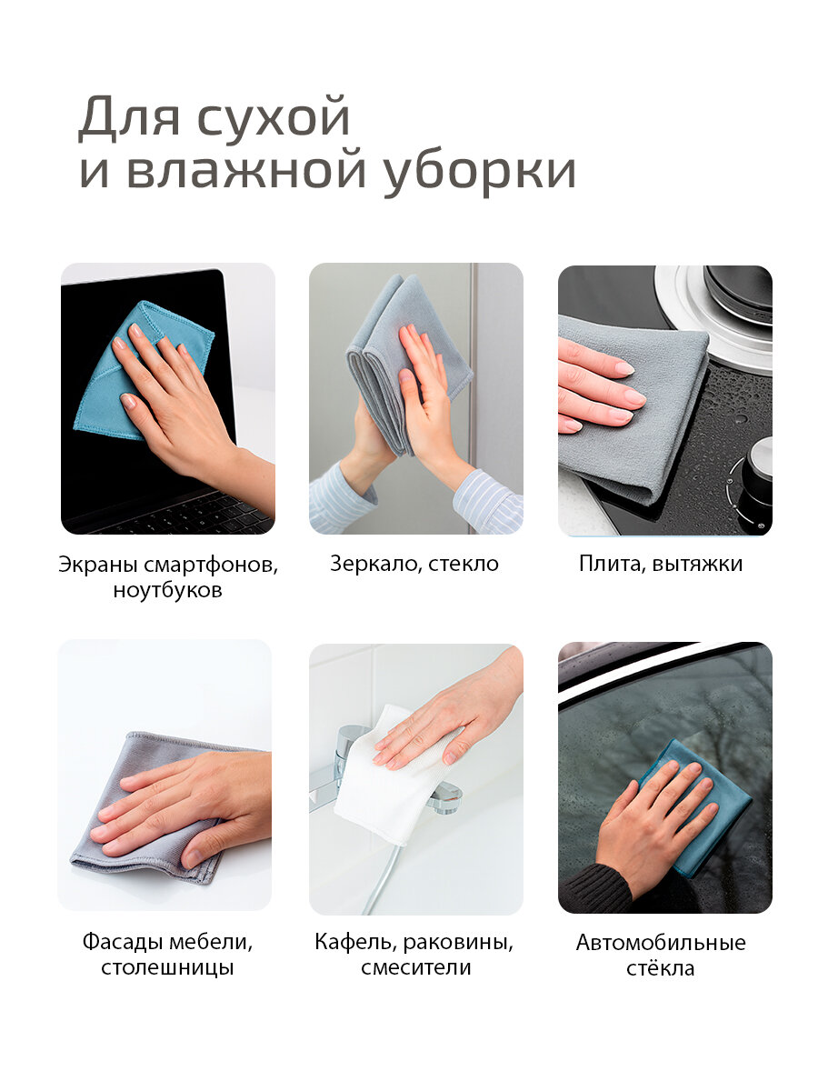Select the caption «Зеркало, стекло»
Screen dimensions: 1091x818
point(414,564)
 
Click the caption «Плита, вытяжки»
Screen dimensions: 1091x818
point(661,564)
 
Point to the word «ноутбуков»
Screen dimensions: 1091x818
point(168,590)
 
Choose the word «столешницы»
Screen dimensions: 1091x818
point(167,967)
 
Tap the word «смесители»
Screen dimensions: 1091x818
point(415,967)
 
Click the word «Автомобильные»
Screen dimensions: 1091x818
point(661,943)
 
